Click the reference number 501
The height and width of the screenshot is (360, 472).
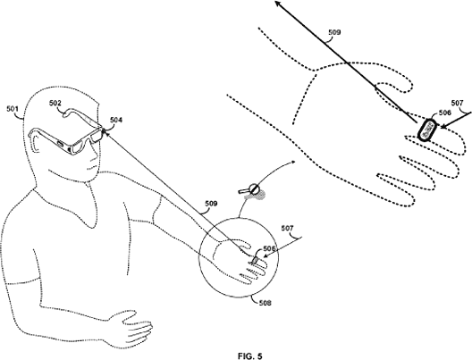[x=13, y=109]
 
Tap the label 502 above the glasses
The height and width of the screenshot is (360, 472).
[x=55, y=103]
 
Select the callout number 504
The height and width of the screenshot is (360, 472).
[x=116, y=120]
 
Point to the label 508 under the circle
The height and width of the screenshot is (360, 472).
[x=265, y=303]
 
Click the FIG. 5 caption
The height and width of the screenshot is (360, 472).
[x=250, y=356]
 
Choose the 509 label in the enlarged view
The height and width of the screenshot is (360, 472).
[x=334, y=32]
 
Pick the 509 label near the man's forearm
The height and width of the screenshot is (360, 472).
[x=211, y=204]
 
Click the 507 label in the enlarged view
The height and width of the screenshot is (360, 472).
[x=458, y=103]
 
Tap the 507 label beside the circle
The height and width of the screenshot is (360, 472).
[x=287, y=229]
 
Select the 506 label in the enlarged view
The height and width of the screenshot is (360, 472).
[x=445, y=113]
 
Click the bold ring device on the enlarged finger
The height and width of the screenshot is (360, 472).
[x=426, y=130]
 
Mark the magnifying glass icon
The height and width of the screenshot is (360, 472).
[x=250, y=189]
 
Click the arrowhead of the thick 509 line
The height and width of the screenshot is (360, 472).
[x=278, y=4]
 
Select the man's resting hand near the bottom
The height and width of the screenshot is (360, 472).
[x=131, y=327]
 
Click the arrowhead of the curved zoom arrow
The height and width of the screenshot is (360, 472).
[x=293, y=162]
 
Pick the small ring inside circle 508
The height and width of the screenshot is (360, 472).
[x=255, y=260]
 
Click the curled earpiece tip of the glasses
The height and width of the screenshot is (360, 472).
[x=64, y=113]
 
